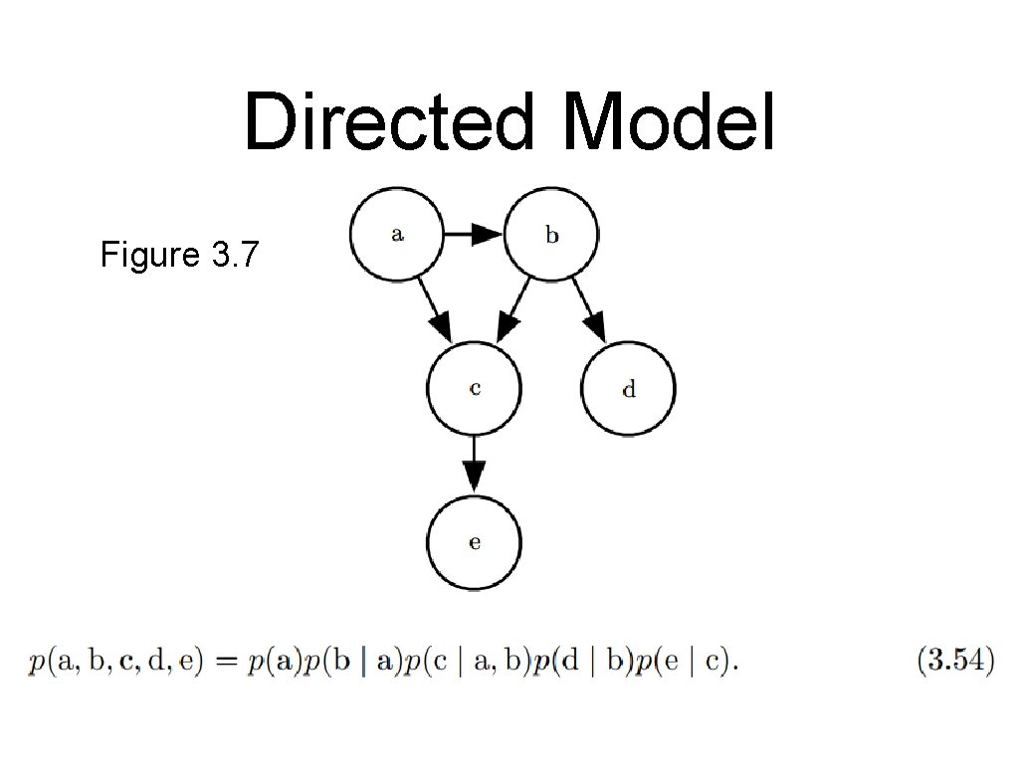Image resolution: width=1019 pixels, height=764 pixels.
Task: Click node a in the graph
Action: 396,235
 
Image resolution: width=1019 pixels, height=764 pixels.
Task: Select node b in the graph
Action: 551,235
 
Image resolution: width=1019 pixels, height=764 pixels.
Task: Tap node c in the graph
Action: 474,387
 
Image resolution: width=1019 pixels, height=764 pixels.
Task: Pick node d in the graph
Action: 628,388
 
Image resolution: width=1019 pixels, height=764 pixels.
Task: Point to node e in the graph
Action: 474,541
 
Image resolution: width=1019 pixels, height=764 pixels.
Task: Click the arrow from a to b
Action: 473,235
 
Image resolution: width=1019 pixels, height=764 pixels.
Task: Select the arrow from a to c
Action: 434,308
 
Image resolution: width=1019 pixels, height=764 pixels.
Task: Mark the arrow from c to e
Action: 474,463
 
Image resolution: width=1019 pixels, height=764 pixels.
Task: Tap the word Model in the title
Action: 668,121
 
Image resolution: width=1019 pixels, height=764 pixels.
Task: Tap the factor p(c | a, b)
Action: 466,664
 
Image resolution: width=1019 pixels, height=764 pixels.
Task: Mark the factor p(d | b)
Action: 583,664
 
